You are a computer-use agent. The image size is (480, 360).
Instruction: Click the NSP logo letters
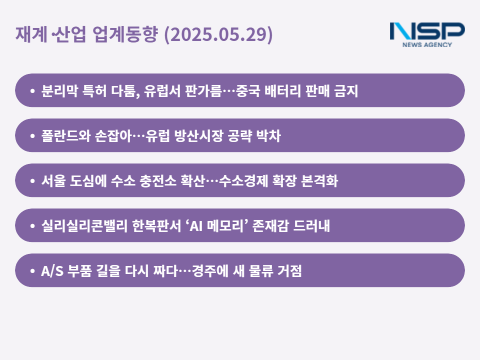[427, 31]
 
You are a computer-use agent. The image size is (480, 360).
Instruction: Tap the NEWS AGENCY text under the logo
[427, 44]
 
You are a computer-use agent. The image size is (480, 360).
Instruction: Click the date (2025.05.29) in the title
[218, 34]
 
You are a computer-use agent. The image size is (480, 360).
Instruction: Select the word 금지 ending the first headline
[346, 90]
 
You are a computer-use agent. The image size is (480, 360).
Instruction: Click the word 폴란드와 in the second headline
[66, 135]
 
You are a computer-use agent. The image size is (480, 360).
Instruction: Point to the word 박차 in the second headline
[268, 135]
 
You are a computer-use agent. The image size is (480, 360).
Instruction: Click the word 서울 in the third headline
[53, 180]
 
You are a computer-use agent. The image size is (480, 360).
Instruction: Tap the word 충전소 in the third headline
[157, 180]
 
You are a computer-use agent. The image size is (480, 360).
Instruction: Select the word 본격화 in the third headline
[319, 180]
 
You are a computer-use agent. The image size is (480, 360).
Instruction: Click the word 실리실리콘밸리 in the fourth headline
[84, 225]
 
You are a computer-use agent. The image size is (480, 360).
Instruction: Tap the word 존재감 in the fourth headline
[270, 225]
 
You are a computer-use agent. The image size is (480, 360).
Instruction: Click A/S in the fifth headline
[52, 271]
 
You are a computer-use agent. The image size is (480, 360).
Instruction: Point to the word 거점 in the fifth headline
[289, 270]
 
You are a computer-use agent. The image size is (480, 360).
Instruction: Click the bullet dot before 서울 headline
[32, 181]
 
